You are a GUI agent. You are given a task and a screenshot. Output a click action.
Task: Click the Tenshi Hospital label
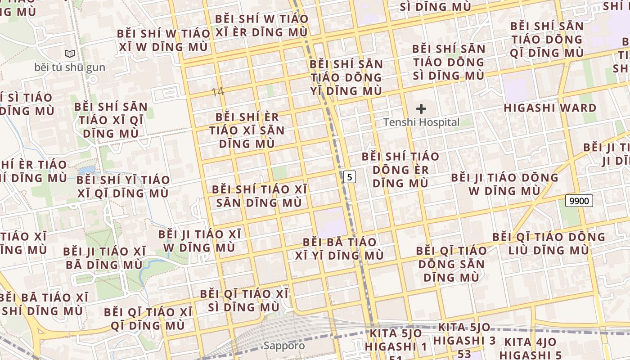click(421, 122)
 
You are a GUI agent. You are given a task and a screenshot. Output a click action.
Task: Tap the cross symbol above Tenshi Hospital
click(421, 108)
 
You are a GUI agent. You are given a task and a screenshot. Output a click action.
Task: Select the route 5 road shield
click(349, 177)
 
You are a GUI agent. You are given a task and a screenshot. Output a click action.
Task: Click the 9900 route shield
click(579, 201)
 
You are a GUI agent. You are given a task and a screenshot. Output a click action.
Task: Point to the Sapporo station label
click(284, 346)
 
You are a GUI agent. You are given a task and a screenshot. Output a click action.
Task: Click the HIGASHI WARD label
click(550, 108)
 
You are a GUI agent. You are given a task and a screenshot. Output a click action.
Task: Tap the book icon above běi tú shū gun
click(70, 54)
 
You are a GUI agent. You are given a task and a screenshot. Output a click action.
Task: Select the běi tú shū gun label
click(70, 67)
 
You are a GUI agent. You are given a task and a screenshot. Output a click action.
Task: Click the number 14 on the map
click(217, 92)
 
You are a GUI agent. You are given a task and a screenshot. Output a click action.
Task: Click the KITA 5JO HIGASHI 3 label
click(467, 333)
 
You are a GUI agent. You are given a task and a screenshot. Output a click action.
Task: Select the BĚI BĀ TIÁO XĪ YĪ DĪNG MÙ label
click(339, 249)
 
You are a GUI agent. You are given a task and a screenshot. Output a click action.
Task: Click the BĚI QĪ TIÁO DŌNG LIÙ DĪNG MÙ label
click(548, 243)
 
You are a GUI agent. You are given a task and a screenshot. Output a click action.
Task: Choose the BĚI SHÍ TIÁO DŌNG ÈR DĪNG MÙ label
click(400, 170)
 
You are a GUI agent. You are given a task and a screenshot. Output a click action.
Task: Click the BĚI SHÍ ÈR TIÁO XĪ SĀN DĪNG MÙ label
click(247, 130)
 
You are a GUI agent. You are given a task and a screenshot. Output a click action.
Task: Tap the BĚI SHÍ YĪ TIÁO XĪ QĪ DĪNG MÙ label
click(123, 186)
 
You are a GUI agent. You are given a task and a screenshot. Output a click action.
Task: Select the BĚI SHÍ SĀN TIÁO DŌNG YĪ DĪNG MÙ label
click(346, 77)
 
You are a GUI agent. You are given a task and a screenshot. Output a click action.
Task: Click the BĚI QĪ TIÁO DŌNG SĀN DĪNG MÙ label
click(451, 264)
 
